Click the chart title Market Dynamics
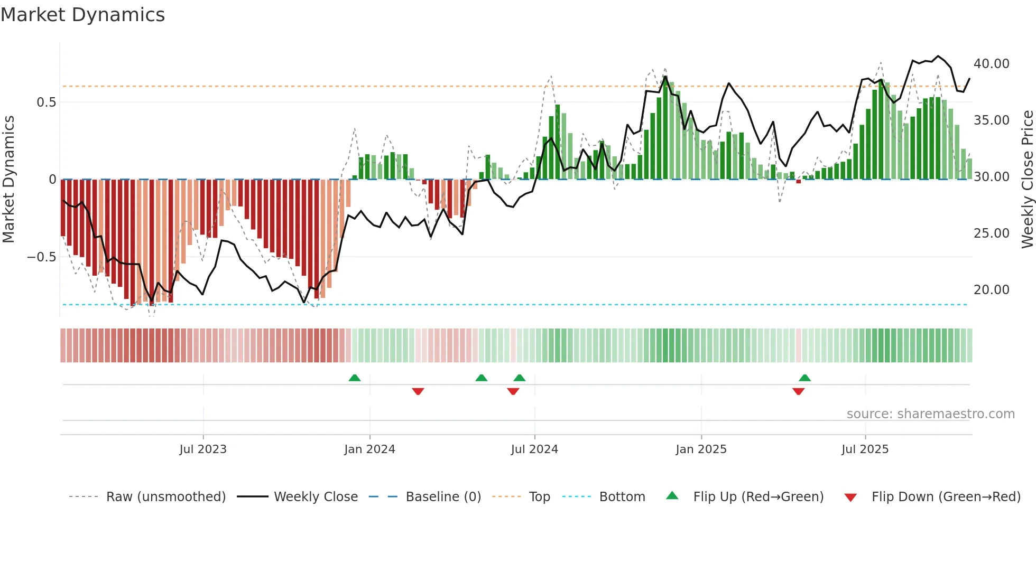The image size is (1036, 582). click(x=82, y=15)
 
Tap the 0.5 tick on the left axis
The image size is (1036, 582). click(x=47, y=102)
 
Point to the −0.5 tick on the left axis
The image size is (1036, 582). click(x=42, y=257)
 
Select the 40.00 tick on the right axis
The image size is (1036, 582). click(x=991, y=64)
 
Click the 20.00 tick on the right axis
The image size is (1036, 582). click(x=991, y=290)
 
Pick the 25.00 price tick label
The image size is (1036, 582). click(x=991, y=233)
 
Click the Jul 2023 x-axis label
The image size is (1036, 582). click(x=203, y=449)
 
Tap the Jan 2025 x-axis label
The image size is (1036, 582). click(x=701, y=449)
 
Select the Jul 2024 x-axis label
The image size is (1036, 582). click(x=534, y=449)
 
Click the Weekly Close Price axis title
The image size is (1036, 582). click(x=1027, y=180)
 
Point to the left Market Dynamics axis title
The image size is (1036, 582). click(x=8, y=180)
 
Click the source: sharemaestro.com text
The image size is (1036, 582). click(x=930, y=414)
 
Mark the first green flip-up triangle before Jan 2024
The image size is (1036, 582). click(x=355, y=378)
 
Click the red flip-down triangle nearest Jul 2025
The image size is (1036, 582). click(x=798, y=391)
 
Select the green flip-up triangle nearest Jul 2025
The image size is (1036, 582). click(x=804, y=378)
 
